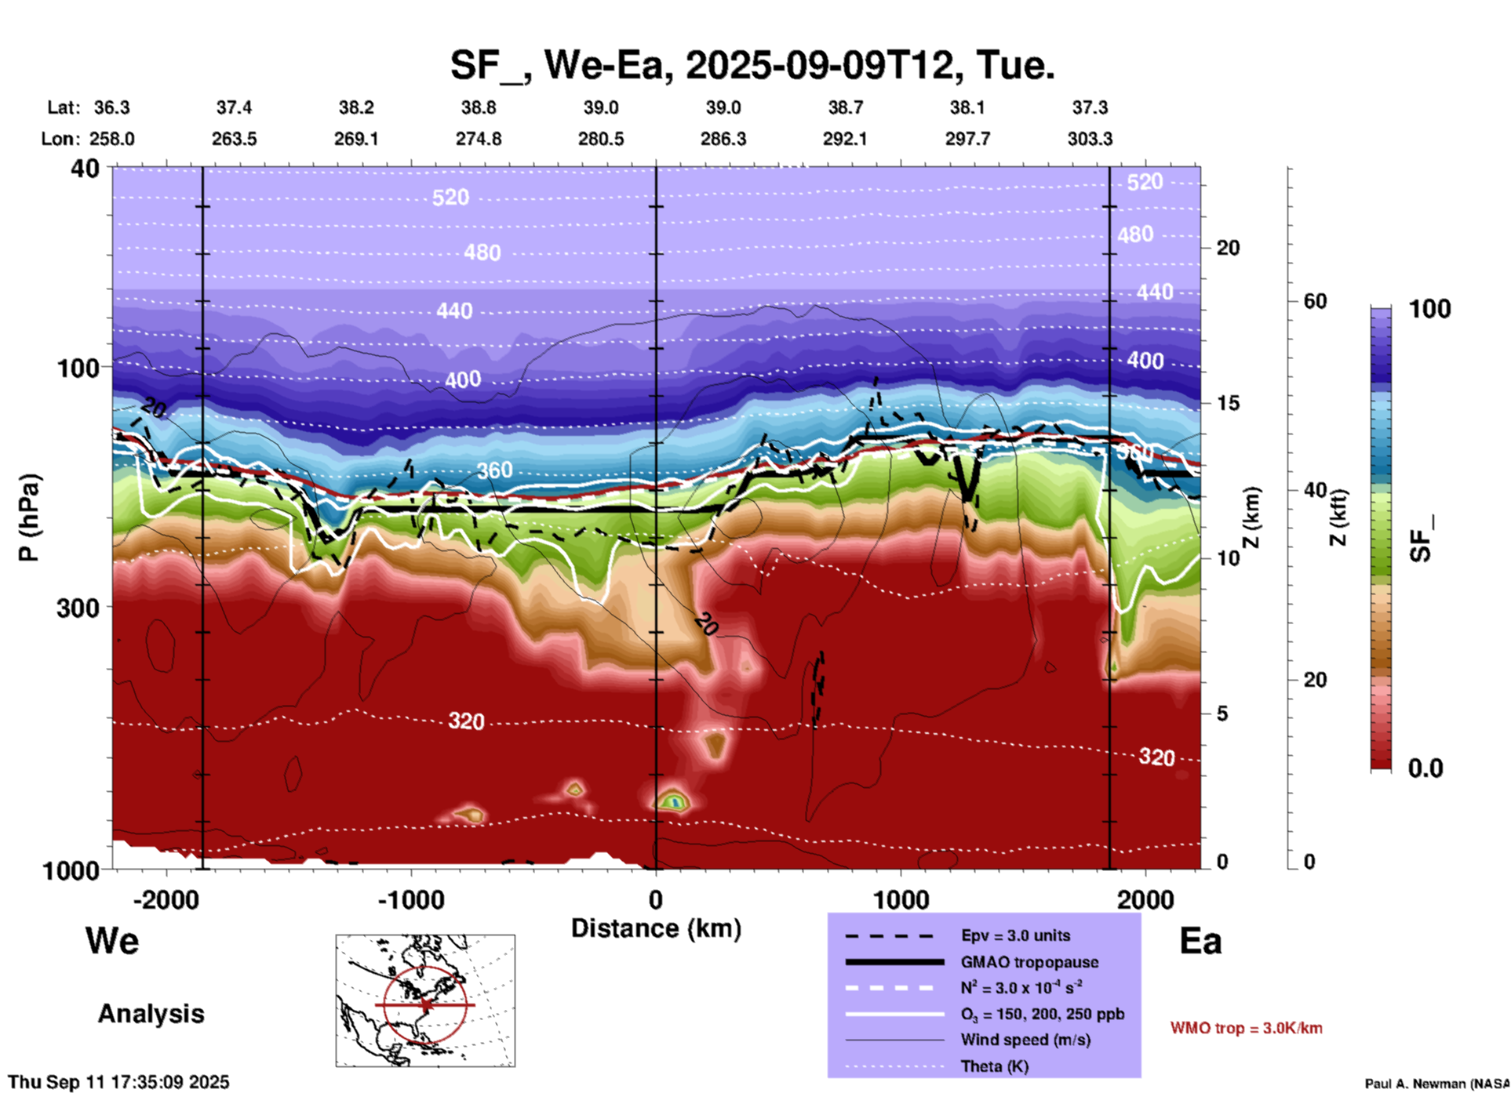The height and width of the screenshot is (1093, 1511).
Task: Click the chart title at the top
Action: tap(752, 64)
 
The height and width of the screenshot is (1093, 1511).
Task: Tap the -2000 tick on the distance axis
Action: tap(166, 899)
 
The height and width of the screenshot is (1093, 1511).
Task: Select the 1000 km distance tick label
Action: tap(901, 899)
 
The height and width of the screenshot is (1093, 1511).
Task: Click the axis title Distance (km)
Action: tap(656, 928)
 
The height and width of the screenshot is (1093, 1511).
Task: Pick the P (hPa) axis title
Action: tap(29, 517)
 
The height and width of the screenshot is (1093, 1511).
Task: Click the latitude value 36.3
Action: tap(111, 107)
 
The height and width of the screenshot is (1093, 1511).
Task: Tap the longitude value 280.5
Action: tap(601, 139)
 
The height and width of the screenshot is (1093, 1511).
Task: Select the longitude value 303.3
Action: tap(1090, 139)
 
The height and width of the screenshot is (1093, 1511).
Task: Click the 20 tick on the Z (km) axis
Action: tap(1228, 249)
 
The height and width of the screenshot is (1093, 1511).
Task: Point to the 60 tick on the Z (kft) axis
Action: tap(1315, 301)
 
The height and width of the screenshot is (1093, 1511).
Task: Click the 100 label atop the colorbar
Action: tap(1429, 309)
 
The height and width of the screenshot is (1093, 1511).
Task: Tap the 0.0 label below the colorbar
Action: tap(1425, 768)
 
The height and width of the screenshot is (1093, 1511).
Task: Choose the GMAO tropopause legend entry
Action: tap(1029, 962)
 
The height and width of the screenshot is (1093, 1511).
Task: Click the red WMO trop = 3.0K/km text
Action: tap(1246, 1028)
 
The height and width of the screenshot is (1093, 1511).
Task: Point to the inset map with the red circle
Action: tap(425, 1000)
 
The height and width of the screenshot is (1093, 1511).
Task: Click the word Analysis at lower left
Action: tap(151, 1014)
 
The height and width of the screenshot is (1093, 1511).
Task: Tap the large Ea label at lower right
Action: tap(1200, 941)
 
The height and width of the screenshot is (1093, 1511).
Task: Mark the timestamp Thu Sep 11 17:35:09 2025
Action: tap(118, 1082)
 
